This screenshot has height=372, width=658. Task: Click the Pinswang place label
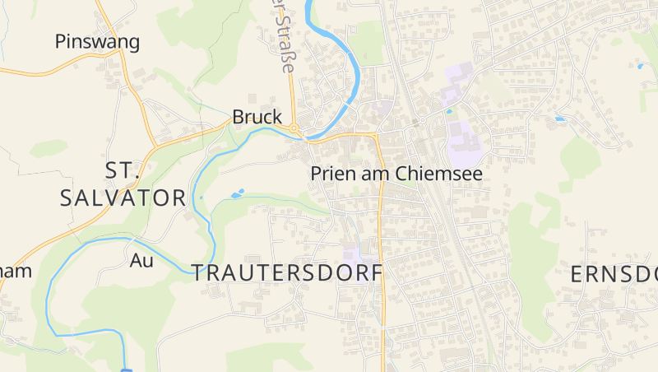(97, 41)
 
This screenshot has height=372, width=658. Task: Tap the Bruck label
(257, 118)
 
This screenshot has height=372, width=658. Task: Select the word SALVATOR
(123, 198)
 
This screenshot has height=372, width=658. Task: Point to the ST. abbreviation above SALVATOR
(124, 170)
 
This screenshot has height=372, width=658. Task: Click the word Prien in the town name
(331, 174)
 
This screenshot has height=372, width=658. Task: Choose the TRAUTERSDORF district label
(288, 273)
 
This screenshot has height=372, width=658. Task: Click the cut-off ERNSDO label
(614, 275)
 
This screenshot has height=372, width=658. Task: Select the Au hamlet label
(141, 261)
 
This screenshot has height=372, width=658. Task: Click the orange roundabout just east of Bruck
(294, 129)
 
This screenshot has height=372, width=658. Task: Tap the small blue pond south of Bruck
(238, 195)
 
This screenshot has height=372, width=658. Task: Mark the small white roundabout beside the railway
(421, 121)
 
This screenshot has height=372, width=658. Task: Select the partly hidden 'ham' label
(16, 272)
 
